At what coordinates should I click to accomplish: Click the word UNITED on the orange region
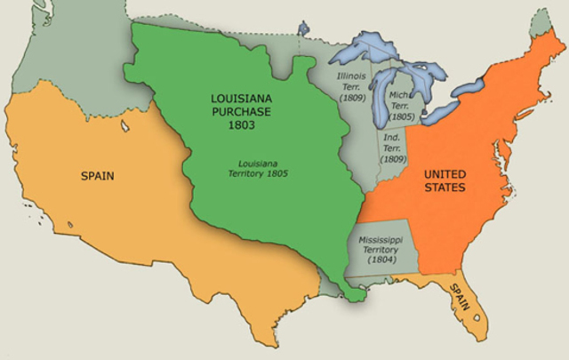point(445,173)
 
